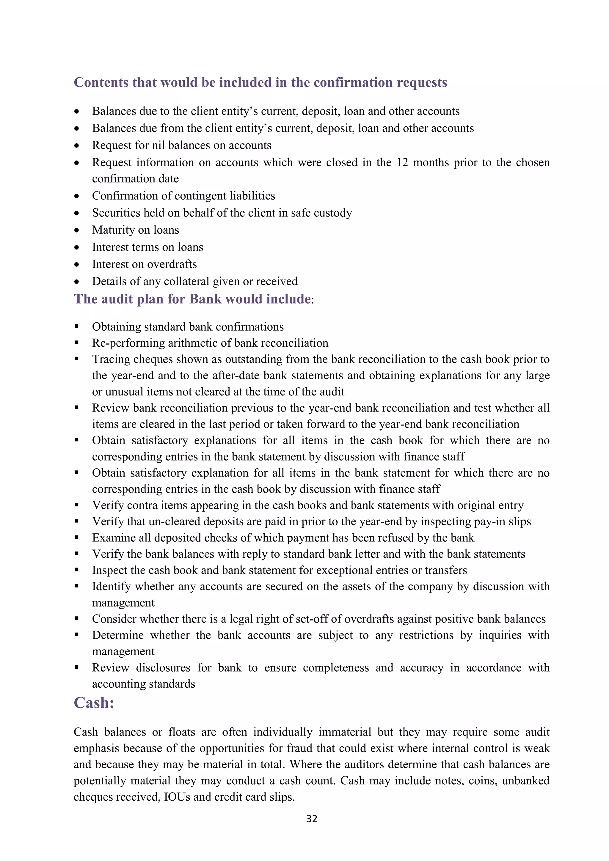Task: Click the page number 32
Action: [x=312, y=818]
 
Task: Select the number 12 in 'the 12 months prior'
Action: [x=402, y=162]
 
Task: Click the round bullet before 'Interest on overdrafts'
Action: [x=76, y=265]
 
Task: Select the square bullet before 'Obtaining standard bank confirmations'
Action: [x=76, y=327]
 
